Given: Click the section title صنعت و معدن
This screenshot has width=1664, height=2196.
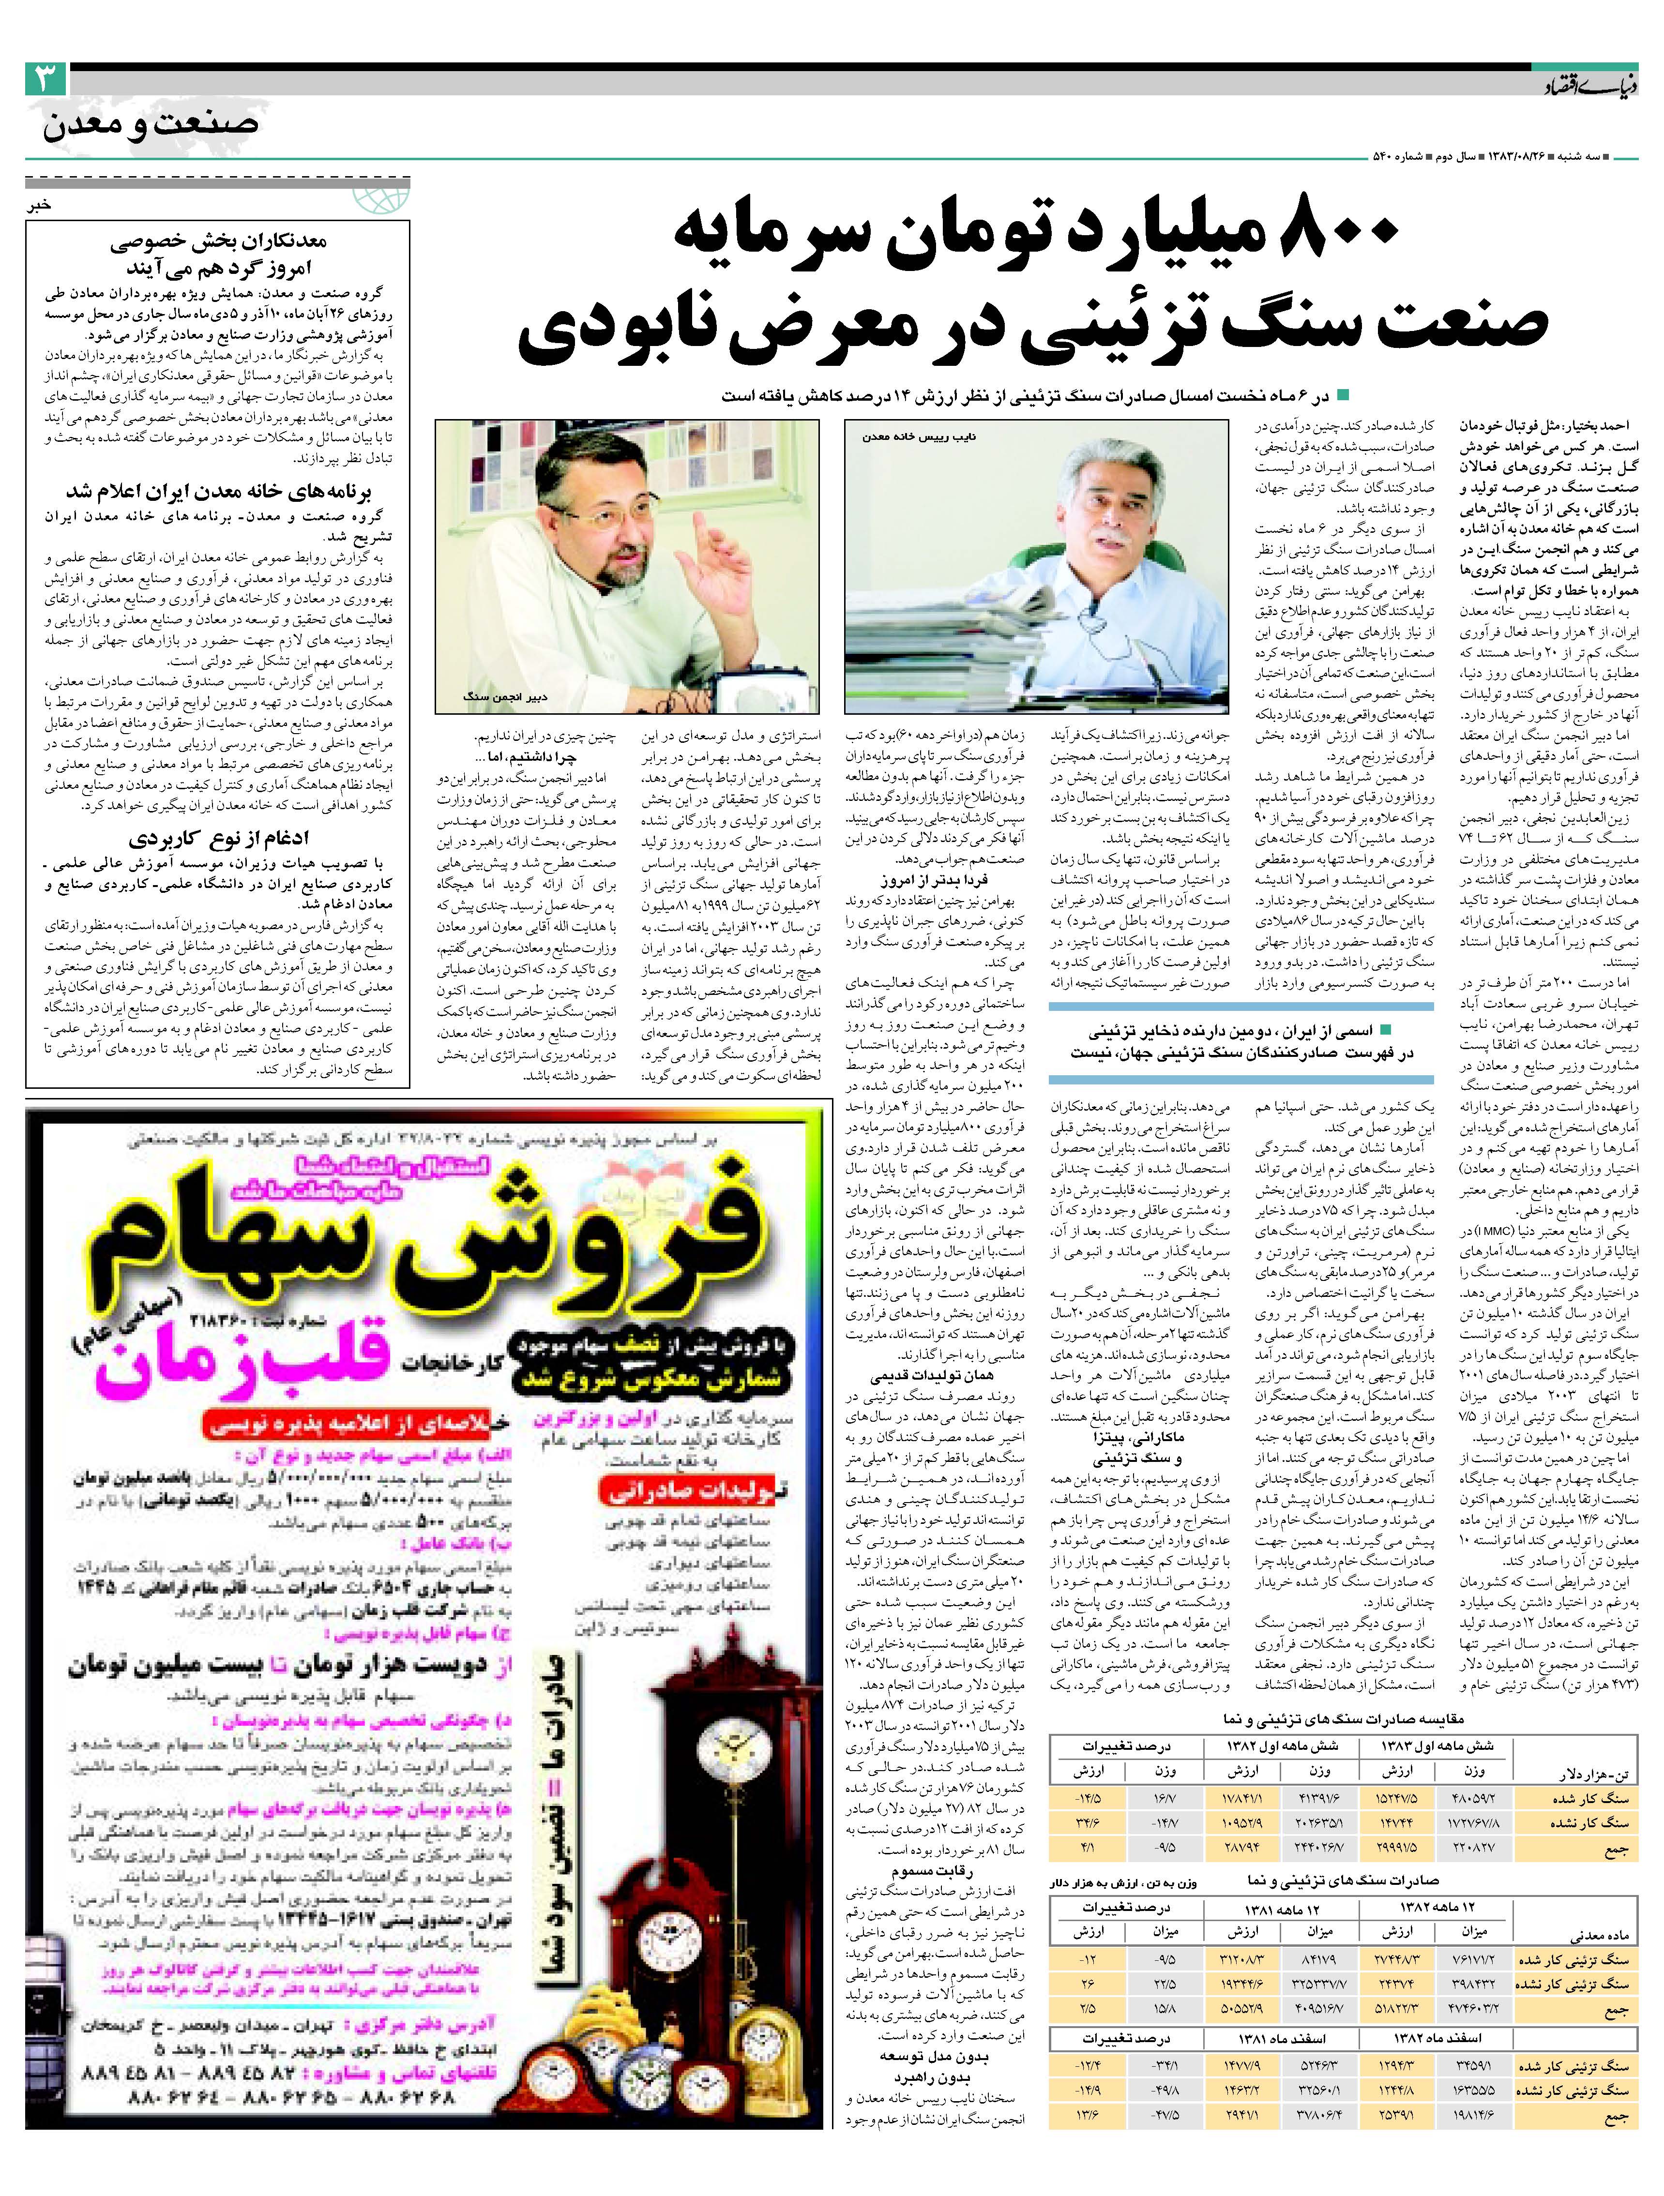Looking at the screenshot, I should (151, 126).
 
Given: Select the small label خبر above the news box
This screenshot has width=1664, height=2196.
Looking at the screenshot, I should (38, 207).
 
